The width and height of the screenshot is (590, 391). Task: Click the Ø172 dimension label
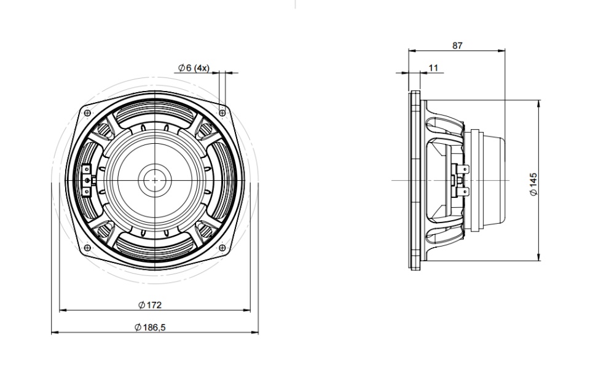coord(150,305)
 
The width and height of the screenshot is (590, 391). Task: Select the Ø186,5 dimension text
coord(150,328)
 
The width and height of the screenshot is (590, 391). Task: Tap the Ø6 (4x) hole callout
coord(194,68)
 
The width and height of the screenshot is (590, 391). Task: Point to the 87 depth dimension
coord(457,45)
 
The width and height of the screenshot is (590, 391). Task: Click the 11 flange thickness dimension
coord(433,68)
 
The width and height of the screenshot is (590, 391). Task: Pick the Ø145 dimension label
coord(533,184)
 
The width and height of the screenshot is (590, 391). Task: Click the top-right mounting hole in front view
coord(222,113)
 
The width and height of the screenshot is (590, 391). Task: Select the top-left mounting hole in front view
coord(87,113)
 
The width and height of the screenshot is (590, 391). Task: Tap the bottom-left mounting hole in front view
coord(87,248)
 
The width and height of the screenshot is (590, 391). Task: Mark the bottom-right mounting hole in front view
coord(222,248)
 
